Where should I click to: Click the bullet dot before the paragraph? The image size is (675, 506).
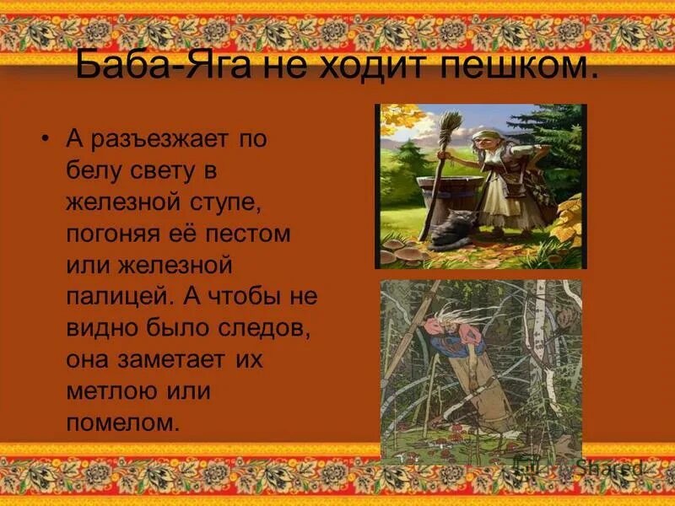46,137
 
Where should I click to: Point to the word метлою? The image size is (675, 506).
106,391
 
